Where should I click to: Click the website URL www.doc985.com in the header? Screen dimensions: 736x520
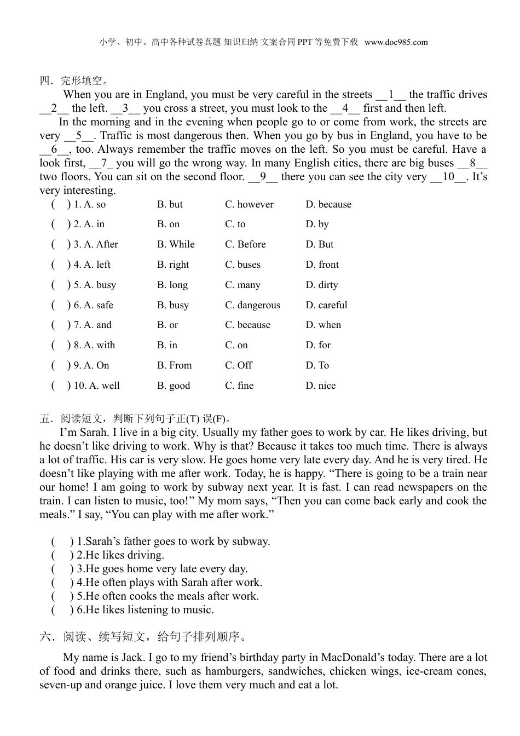[x=396, y=42]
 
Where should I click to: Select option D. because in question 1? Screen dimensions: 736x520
[x=328, y=204]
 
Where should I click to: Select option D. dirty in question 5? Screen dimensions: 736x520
[x=322, y=285]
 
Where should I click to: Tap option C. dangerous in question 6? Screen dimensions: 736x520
[x=252, y=305]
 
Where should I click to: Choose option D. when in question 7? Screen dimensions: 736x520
[x=323, y=325]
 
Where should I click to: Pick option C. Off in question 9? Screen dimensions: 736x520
[x=239, y=365]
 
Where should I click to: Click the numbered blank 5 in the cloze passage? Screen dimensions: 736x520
[x=79, y=136]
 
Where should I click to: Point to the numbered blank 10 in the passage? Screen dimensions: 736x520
[x=448, y=177]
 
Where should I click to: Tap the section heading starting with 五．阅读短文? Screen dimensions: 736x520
[x=136, y=419]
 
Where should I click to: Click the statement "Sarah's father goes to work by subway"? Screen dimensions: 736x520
[x=173, y=542]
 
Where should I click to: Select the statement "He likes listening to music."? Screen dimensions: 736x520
[x=145, y=610]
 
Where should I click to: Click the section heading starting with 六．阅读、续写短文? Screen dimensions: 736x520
[x=144, y=636]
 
